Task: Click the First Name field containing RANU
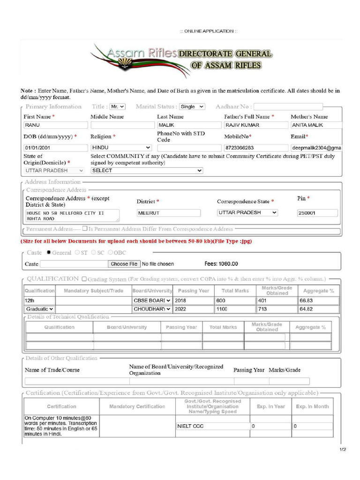point(56,125)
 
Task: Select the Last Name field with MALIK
point(189,125)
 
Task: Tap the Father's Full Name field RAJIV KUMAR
point(255,125)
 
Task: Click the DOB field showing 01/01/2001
point(56,148)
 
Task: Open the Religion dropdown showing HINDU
point(121,148)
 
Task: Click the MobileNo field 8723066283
point(255,148)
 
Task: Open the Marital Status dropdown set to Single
point(192,107)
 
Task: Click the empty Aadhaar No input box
point(288,107)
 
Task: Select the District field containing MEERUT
point(168,213)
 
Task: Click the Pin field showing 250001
point(317,213)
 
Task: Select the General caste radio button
point(49,252)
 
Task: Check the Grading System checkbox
point(84,279)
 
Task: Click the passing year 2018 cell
point(193,300)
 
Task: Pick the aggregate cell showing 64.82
point(317,309)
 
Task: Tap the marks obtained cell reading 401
point(276,300)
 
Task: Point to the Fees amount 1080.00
point(221,264)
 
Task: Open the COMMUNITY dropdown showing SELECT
point(146,171)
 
